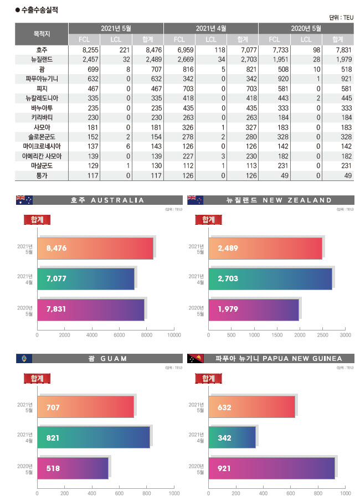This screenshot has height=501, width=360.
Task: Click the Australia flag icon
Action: point(24,200)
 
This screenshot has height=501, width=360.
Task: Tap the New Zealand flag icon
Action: point(196,200)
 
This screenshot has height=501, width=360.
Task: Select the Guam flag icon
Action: point(24,359)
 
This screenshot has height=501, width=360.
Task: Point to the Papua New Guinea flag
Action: point(196,359)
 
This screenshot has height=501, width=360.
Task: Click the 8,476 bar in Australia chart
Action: point(95,249)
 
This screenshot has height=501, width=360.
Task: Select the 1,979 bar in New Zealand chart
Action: point(253,309)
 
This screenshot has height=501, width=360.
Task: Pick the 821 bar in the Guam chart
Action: point(93,437)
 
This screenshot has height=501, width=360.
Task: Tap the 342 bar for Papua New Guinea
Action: point(232,437)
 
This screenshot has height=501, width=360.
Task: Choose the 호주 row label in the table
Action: point(42,50)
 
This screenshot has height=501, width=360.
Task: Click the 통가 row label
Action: point(42,176)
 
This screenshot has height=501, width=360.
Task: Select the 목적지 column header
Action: point(42,33)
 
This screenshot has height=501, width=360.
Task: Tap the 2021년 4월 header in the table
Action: point(211,28)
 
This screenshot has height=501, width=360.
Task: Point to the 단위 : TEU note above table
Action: point(341,17)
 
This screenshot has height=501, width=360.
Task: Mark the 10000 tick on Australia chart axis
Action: point(174,335)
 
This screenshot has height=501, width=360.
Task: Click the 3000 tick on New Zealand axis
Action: point(345,335)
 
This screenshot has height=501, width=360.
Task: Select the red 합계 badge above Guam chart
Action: point(37,378)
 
